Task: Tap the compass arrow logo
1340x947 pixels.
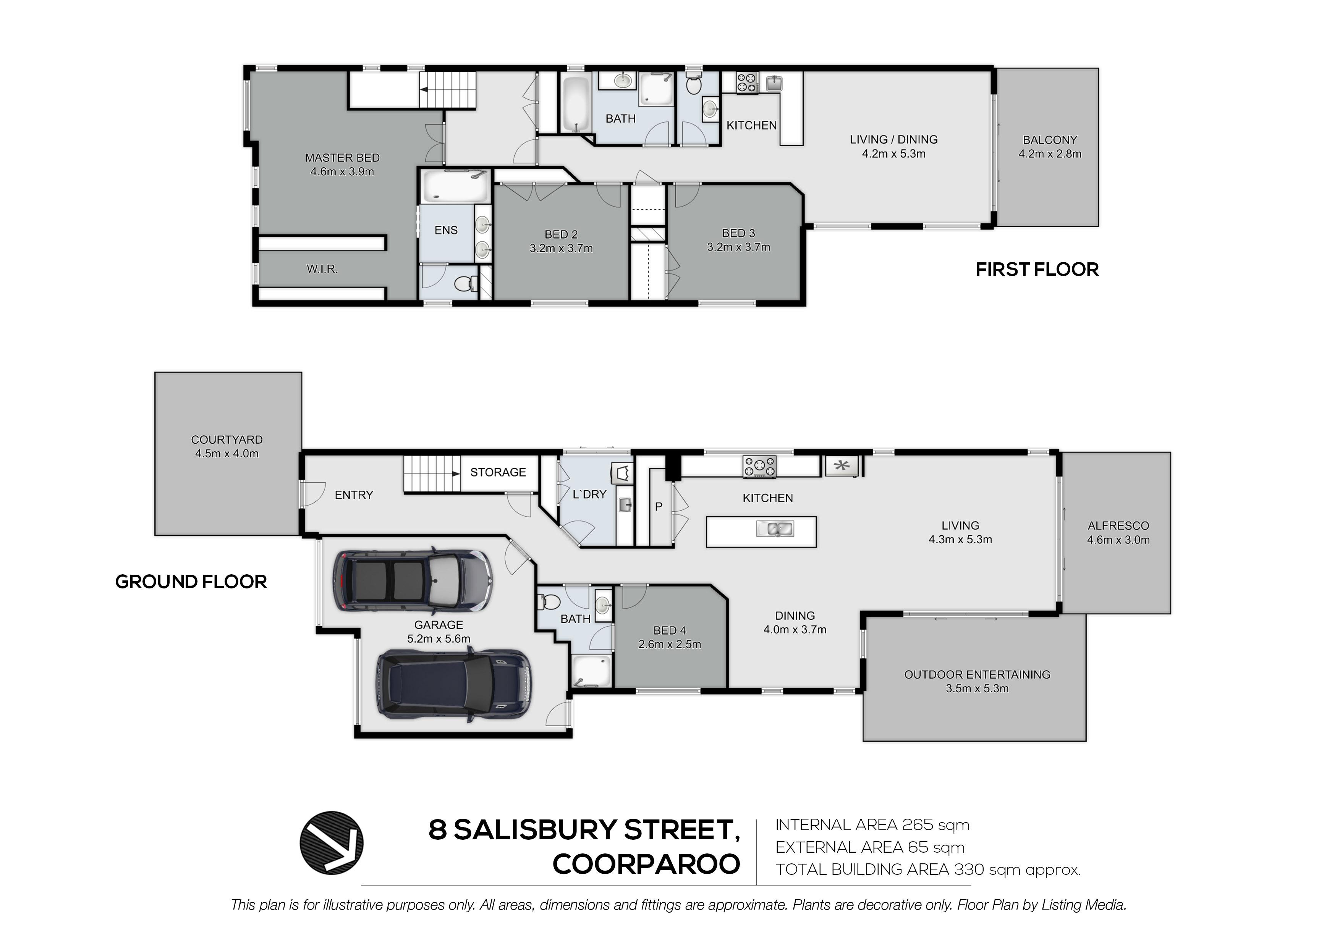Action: point(332,842)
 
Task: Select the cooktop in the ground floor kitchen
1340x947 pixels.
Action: point(759,467)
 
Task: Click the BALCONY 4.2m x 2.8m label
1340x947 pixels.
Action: point(1050,147)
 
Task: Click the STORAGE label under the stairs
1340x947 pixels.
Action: point(498,472)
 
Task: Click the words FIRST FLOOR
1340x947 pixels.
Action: point(1037,270)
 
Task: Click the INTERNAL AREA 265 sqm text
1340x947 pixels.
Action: point(872,825)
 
